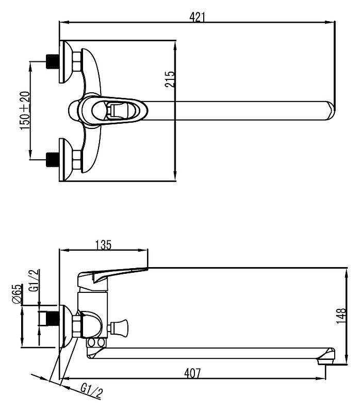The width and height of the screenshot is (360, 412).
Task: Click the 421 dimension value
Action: point(197,18)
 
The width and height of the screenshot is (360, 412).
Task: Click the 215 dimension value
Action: point(170,79)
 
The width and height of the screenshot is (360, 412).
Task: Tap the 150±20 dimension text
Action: point(25,110)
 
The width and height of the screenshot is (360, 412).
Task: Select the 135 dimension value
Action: point(103,245)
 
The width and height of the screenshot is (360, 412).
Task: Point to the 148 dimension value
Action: point(341,316)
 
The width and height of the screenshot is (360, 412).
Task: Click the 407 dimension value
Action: point(192,373)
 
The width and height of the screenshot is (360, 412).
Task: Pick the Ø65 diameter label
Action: point(17,294)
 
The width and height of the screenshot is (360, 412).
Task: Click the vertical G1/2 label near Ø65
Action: point(35,281)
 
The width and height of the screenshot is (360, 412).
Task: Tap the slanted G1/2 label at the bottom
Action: point(91,391)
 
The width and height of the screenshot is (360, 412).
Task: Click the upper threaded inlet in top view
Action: point(53,62)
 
